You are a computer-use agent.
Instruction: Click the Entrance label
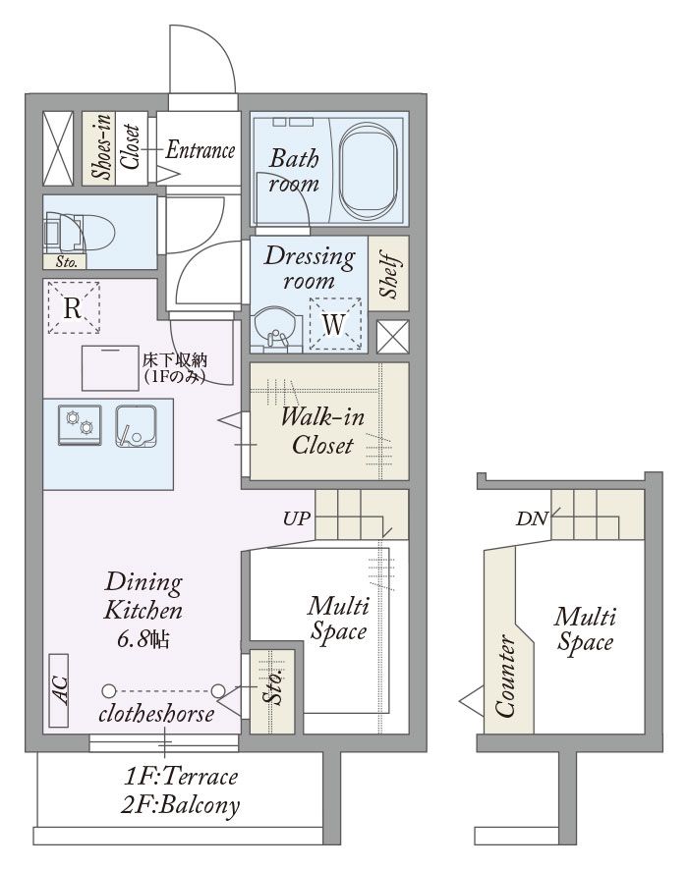pyautogui.click(x=200, y=150)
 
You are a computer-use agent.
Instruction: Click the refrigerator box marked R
pyautogui.click(x=74, y=307)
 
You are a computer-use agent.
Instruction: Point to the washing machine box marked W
pyautogui.click(x=335, y=325)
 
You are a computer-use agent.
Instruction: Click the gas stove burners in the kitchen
pyautogui.click(x=80, y=424)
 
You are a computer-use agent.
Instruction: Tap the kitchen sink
pyautogui.click(x=136, y=426)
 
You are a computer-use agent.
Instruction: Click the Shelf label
pyautogui.click(x=390, y=275)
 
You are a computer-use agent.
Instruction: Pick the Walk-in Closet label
pyautogui.click(x=322, y=431)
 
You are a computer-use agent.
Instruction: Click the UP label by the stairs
pyautogui.click(x=297, y=518)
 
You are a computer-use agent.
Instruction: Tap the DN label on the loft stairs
pyautogui.click(x=532, y=518)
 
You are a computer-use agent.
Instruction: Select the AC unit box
pyautogui.click(x=58, y=690)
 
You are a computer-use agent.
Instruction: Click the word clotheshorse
pyautogui.click(x=156, y=714)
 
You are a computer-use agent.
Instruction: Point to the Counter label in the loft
pyautogui.click(x=504, y=677)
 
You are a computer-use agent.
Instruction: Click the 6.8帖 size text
pyautogui.click(x=144, y=639)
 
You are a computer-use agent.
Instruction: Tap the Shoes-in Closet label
pyautogui.click(x=115, y=146)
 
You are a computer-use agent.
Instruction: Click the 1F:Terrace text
pyautogui.click(x=181, y=777)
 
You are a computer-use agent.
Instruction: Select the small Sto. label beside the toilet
pyautogui.click(x=66, y=262)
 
